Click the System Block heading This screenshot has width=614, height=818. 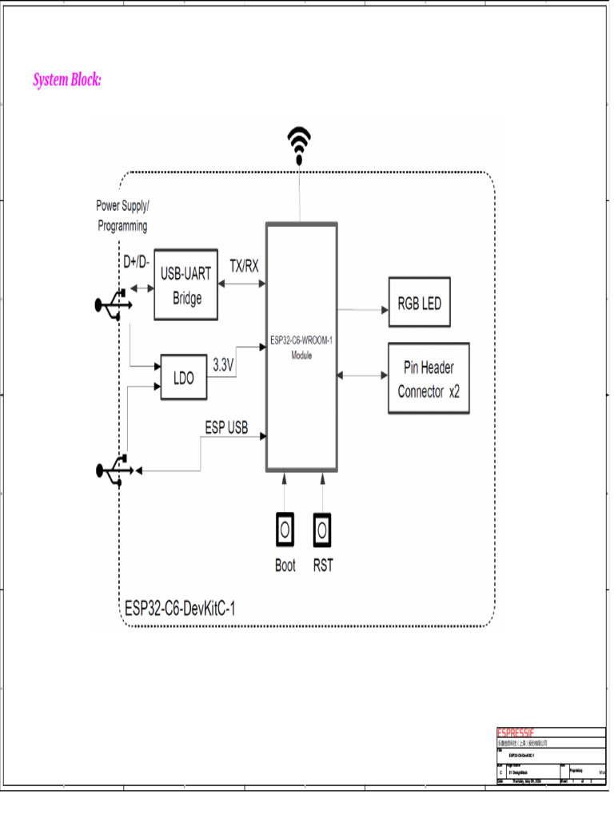[x=67, y=80]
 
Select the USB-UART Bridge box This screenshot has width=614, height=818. [x=186, y=286]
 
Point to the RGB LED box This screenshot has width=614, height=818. [x=420, y=304]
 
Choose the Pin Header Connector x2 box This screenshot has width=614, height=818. [x=429, y=379]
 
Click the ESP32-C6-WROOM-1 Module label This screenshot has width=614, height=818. [x=301, y=347]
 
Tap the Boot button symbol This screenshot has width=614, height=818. [x=285, y=528]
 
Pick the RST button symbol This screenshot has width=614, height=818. [x=323, y=528]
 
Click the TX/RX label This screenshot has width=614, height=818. [x=244, y=265]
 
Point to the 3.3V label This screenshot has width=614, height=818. [x=223, y=364]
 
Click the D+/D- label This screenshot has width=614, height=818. [x=136, y=263]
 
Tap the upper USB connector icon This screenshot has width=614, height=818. [x=113, y=305]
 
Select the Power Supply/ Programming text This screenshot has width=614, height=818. [x=122, y=216]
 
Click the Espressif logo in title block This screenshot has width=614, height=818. [x=516, y=733]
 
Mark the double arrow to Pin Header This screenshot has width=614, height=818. [x=362, y=374]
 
